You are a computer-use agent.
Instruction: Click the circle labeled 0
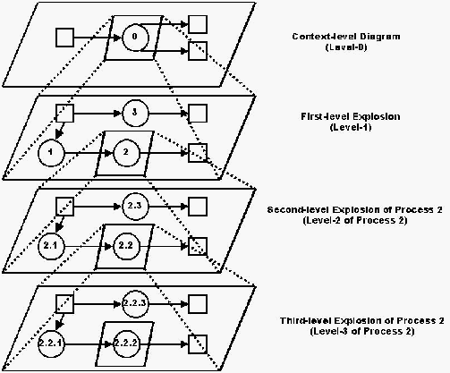135,38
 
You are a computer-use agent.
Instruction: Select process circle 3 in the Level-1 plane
135,113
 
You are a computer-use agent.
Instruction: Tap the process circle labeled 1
51,153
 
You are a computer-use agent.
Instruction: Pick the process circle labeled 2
126,153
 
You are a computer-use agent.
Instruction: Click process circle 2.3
135,206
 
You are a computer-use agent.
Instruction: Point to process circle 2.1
51,246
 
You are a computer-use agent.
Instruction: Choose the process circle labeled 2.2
126,246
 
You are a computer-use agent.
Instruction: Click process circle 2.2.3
135,304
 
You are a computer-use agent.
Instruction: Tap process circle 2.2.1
51,344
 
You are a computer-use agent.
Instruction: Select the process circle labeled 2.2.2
126,344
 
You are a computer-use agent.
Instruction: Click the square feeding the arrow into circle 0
64,38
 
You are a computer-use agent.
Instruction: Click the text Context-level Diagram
346,37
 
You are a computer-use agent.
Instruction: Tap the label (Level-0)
346,47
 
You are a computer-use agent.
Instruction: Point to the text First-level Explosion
351,116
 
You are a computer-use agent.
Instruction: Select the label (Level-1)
351,127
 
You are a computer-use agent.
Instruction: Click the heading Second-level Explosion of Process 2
355,209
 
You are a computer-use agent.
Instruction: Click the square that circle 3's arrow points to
198,113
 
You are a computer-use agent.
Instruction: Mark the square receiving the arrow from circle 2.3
198,206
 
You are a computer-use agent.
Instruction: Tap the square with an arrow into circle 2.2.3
64,304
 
